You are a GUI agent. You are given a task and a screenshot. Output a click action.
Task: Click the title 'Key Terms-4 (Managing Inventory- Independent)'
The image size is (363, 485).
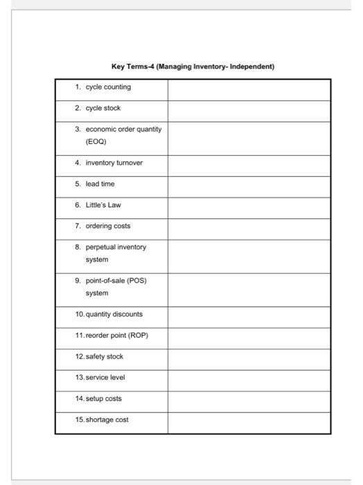click(x=193, y=67)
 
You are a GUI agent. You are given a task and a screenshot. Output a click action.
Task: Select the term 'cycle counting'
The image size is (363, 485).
click(x=107, y=87)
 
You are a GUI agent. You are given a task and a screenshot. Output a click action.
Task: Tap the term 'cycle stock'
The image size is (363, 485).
click(x=103, y=108)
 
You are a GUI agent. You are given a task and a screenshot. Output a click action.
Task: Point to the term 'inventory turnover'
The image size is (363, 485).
click(x=114, y=164)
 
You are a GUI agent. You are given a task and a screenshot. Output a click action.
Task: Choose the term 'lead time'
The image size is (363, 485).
click(x=100, y=184)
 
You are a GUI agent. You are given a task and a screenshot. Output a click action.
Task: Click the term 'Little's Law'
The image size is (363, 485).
click(x=103, y=205)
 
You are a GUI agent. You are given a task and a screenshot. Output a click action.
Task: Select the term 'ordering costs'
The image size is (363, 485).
click(x=107, y=226)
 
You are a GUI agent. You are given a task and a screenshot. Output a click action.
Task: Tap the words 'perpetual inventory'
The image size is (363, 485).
click(x=116, y=247)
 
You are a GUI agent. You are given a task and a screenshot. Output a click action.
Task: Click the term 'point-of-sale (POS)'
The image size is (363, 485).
click(x=116, y=281)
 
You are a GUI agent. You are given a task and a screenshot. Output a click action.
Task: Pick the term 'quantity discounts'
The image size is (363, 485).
click(x=114, y=315)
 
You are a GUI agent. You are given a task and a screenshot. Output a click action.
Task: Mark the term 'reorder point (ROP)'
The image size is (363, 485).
click(x=116, y=335)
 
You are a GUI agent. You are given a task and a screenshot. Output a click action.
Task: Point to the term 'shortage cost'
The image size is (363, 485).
click(x=107, y=420)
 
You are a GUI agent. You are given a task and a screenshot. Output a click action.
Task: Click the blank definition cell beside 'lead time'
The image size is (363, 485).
click(x=249, y=184)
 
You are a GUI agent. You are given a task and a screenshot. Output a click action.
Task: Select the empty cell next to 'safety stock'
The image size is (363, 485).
click(x=249, y=357)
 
